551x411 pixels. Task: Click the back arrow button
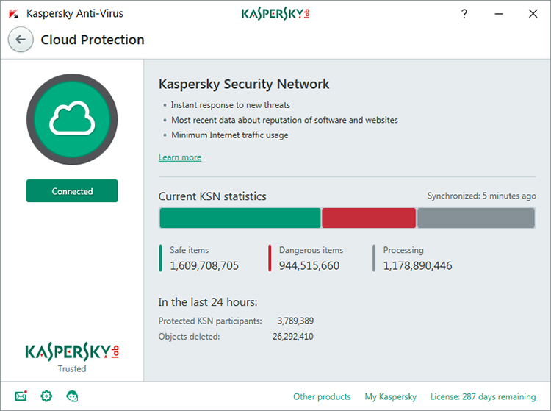tap(21, 40)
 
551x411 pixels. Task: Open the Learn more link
tap(180, 157)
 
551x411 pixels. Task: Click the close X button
tap(533, 14)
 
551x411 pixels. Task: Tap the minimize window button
tap(498, 14)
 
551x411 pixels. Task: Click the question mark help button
tap(464, 14)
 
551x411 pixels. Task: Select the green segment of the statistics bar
tap(240, 218)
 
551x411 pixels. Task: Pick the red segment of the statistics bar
tap(369, 218)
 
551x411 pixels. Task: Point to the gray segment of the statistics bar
tap(476, 218)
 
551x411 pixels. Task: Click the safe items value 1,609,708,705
tap(204, 265)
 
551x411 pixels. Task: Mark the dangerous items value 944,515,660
tap(309, 265)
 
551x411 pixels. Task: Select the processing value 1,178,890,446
tap(418, 265)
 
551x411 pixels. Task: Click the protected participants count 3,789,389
tap(295, 321)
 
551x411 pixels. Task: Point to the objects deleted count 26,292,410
tap(293, 337)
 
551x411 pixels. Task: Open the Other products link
tap(322, 397)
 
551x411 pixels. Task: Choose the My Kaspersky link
tap(391, 397)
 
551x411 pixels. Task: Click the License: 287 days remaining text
tap(483, 397)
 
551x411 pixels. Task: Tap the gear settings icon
tap(46, 396)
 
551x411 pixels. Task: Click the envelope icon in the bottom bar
tap(21, 396)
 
